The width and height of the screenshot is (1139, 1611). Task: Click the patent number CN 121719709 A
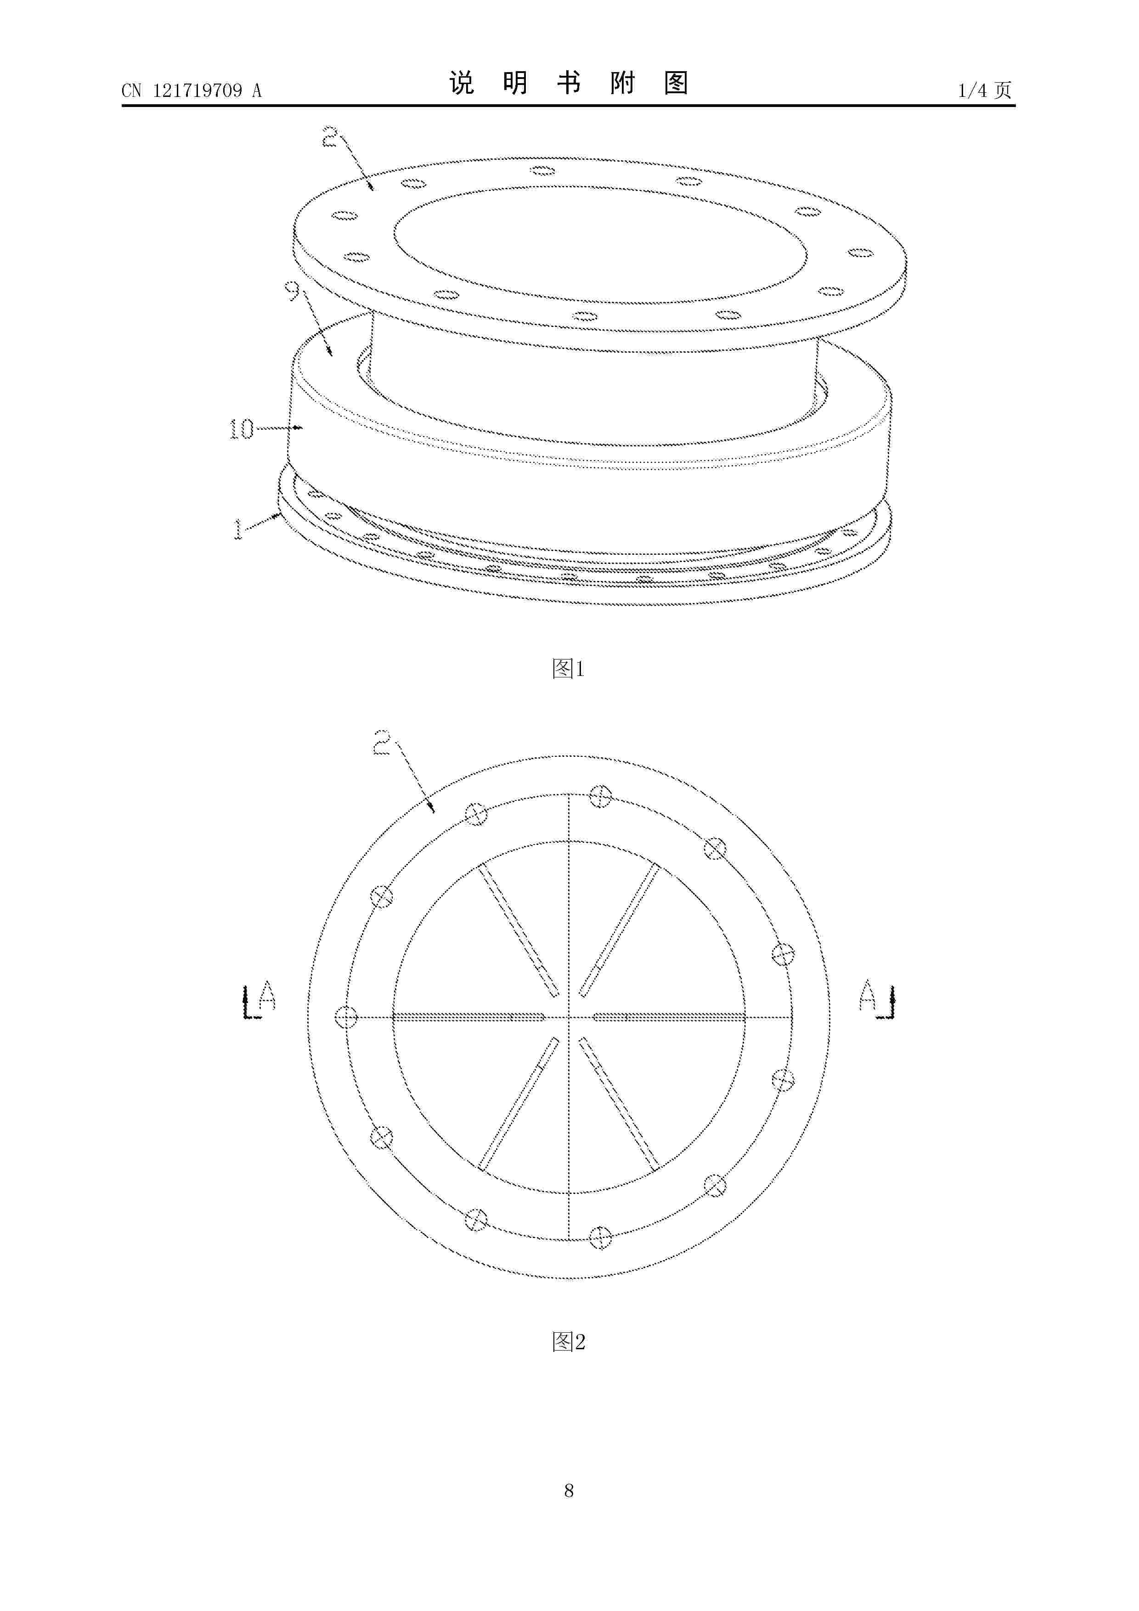point(192,90)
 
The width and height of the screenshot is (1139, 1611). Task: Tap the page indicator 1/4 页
point(985,90)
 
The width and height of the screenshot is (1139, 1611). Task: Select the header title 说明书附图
point(569,84)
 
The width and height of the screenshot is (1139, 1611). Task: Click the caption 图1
point(569,669)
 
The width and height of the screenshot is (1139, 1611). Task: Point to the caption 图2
point(569,1342)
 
